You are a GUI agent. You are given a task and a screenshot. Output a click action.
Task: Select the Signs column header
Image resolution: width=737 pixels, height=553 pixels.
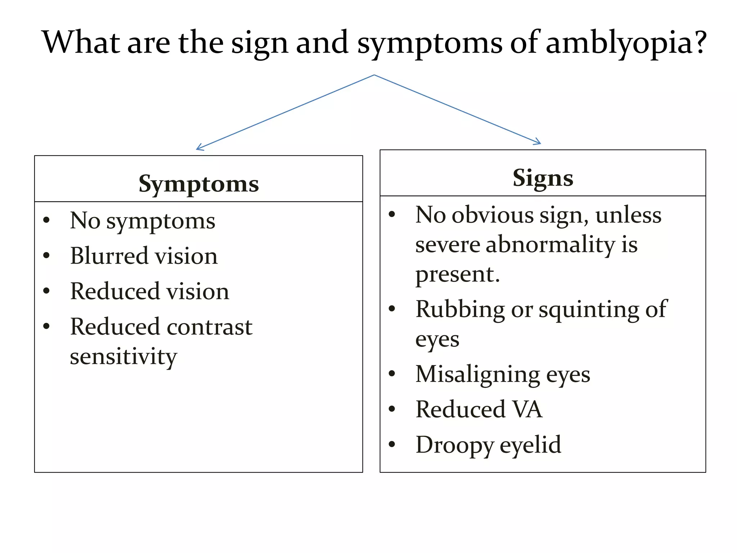point(543,178)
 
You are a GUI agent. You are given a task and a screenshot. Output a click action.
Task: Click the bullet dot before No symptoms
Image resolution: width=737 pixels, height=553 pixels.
point(46,220)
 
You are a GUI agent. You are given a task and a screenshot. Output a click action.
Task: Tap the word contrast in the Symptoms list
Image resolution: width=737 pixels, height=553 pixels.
point(209,327)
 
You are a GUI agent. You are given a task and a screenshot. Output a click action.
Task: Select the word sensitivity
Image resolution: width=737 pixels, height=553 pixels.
point(123,357)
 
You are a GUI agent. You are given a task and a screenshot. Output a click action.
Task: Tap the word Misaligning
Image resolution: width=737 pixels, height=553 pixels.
point(478,374)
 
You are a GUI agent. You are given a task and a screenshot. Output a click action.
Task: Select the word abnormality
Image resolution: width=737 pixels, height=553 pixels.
point(550,245)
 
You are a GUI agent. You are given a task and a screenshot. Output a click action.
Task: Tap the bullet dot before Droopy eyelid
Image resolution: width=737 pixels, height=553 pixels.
point(392,444)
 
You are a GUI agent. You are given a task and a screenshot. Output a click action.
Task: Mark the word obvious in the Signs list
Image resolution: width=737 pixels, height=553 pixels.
point(492,216)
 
